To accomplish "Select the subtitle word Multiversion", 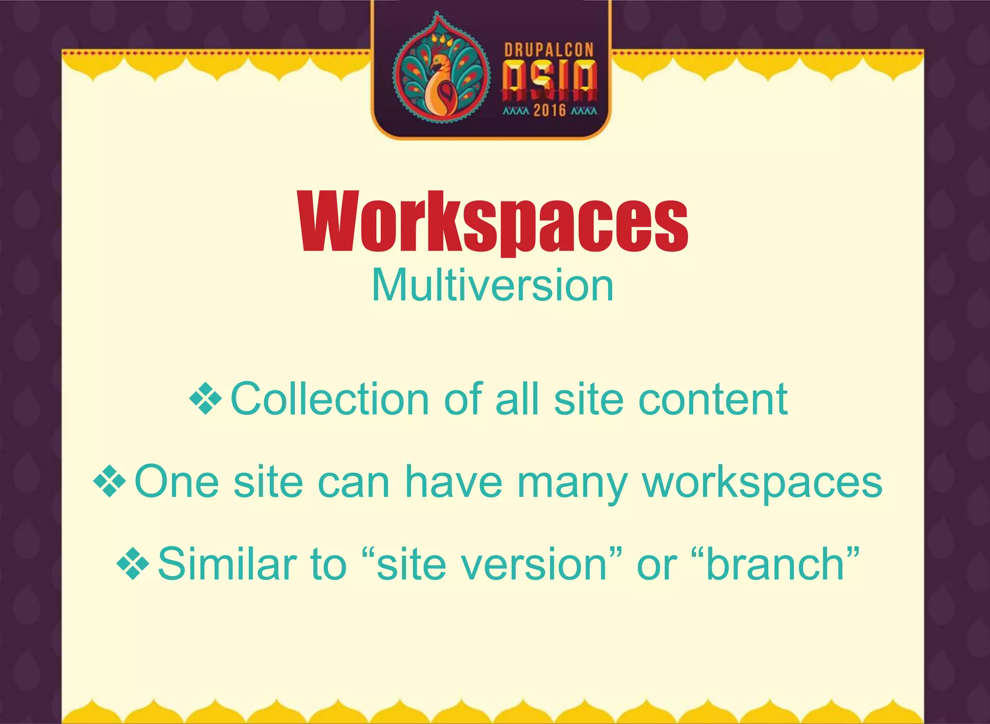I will click(493, 286).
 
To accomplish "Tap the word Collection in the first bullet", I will click(330, 399).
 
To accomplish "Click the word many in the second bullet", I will click(572, 483).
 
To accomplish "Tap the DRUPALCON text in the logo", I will click(549, 50).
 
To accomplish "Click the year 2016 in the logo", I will click(550, 111).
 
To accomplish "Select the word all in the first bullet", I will click(517, 399).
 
